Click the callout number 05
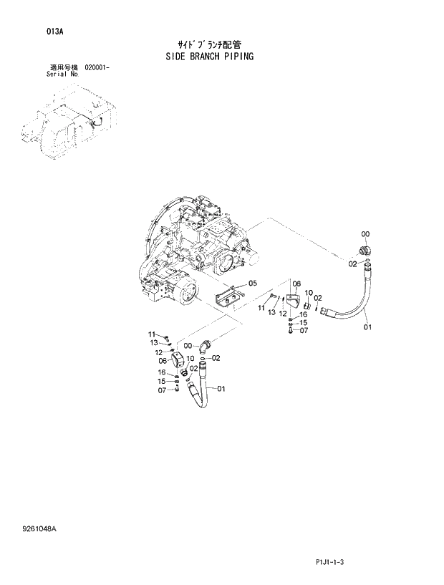pyautogui.click(x=252, y=284)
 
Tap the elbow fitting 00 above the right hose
pyautogui.click(x=363, y=250)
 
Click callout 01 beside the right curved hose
pyautogui.click(x=368, y=329)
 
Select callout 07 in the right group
pyautogui.click(x=304, y=330)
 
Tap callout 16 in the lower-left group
pyautogui.click(x=161, y=372)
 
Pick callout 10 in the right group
pyautogui.click(x=309, y=293)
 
